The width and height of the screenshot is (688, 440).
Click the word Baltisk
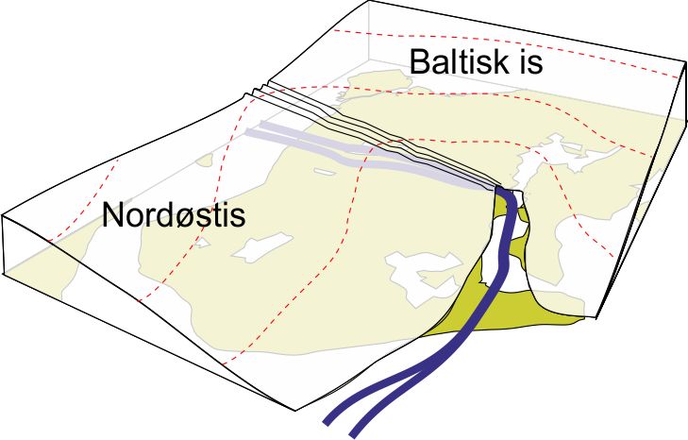[x=453, y=61]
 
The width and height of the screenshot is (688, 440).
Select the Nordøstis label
[x=174, y=215]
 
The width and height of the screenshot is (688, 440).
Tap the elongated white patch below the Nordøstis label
[x=262, y=248]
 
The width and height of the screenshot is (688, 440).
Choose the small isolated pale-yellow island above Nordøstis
[x=205, y=160]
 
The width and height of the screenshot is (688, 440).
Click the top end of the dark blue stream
[x=500, y=190]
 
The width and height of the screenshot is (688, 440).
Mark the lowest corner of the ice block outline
[x=294, y=411]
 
